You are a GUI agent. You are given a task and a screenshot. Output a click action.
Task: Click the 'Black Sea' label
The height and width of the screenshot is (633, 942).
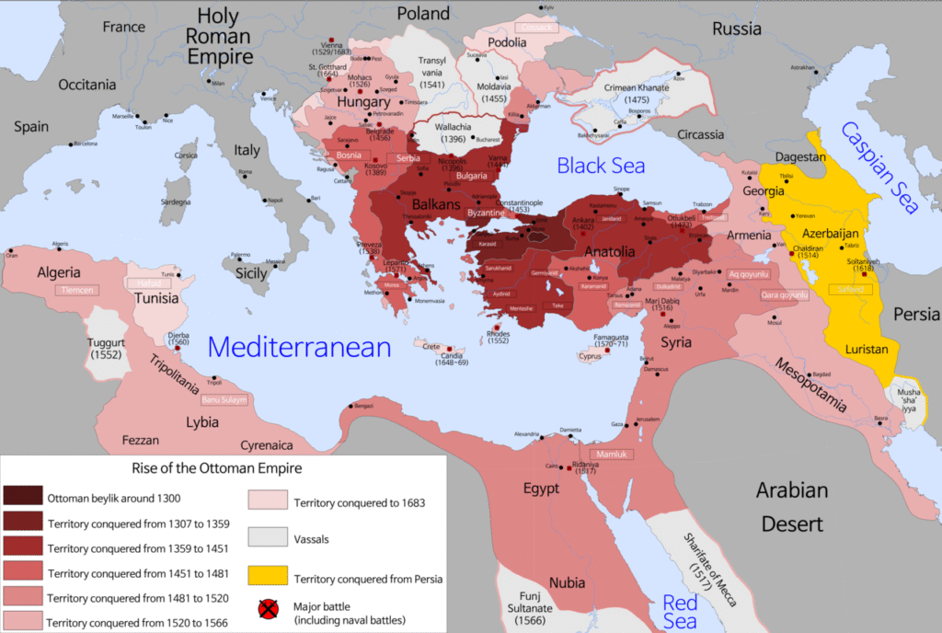tap(601, 166)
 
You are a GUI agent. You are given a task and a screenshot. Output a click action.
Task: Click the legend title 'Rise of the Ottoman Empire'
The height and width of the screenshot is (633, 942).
tap(216, 467)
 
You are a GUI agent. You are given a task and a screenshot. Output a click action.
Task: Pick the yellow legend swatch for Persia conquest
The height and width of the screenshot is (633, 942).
tap(268, 578)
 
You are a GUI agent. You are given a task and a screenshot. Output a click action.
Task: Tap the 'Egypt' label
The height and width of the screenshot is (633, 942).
tap(540, 489)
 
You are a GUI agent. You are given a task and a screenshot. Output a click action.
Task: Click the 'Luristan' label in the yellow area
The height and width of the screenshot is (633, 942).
tap(867, 350)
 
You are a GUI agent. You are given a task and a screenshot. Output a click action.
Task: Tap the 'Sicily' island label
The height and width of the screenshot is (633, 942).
tap(251, 273)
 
